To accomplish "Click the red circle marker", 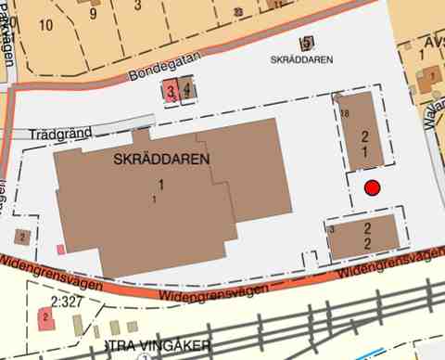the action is point(373,188).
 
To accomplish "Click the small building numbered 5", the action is point(306,43).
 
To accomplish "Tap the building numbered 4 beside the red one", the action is point(187,90).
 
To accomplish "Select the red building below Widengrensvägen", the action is point(44,318).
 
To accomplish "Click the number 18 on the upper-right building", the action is point(345,112).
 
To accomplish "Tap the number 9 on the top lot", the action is point(93,14).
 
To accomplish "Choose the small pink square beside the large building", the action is point(61,249).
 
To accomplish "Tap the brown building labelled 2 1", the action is point(364,135).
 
